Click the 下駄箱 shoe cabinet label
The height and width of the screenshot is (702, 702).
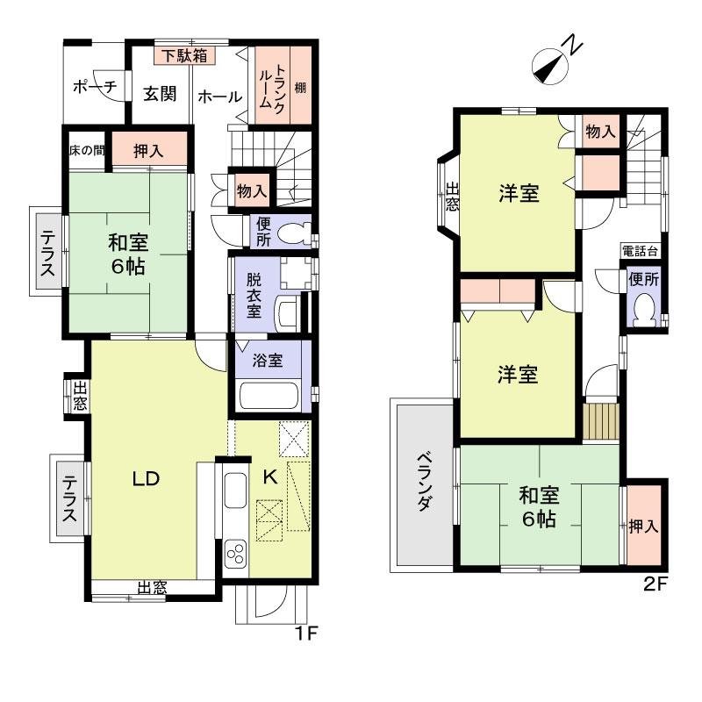pos(184,56)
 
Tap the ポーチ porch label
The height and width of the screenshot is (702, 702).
pos(95,86)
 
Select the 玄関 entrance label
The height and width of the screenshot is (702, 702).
pos(160,94)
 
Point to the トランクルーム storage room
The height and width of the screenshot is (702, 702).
pos(273,85)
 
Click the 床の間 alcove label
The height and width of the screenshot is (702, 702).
pos(87,150)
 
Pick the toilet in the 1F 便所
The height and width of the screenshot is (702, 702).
pos(293,233)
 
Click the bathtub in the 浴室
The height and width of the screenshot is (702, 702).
pos(269,394)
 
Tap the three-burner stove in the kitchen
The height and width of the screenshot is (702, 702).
pos(235,554)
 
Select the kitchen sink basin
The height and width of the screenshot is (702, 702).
pos(235,491)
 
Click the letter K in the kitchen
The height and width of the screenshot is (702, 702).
pos(270,477)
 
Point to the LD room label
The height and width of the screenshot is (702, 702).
pos(146,479)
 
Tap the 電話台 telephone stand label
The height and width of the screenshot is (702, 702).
pos(640,251)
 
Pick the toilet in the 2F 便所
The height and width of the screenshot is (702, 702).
pos(644,310)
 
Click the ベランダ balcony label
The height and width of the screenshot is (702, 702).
pos(424,481)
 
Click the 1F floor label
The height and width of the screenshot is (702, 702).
pos(305,633)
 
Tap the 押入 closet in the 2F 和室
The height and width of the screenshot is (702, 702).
pos(643,525)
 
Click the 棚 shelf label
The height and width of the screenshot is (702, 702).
pos(300,87)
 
